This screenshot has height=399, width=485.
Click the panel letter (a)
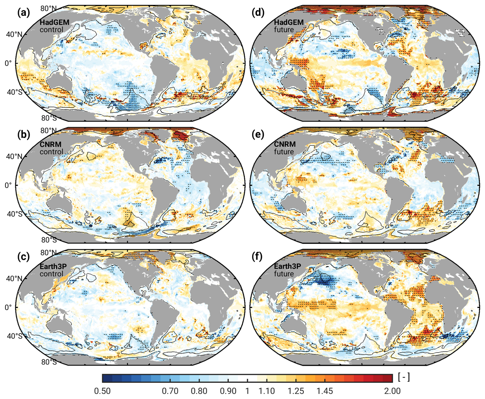point(24,13)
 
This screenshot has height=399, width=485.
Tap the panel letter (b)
point(24,135)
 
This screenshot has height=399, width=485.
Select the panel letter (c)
point(24,257)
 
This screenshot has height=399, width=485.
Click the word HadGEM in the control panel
point(54,22)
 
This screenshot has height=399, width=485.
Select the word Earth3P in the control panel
point(53,267)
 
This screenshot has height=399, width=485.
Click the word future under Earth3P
point(284,274)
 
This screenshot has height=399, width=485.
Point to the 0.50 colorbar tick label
point(102,391)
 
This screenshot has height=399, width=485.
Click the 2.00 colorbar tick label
point(392,391)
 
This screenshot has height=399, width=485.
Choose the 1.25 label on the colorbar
point(296,391)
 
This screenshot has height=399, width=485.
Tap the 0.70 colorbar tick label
point(170,391)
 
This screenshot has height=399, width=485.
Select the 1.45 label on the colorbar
point(325,391)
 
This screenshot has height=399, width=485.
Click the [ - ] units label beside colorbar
point(404,377)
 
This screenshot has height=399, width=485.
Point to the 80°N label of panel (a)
point(48,8)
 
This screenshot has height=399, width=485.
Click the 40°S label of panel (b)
point(15,214)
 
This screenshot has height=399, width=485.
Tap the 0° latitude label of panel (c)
point(8,307)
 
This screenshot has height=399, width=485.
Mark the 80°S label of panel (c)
point(49,362)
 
